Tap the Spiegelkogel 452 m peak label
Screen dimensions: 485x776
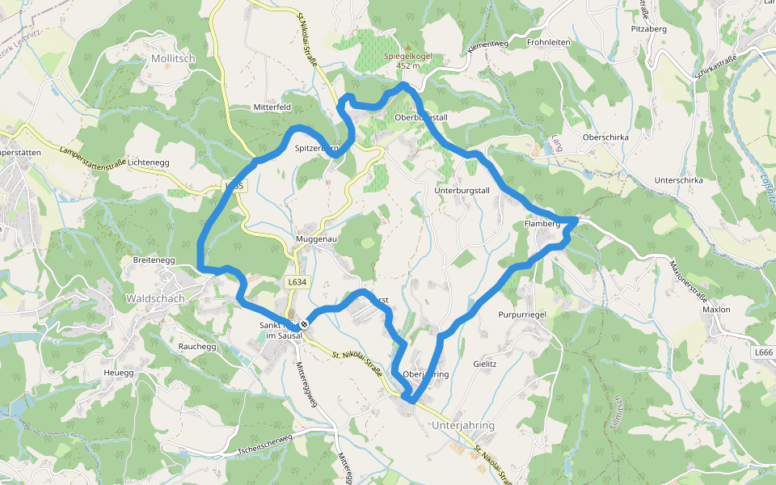pyautogui.click(x=408, y=61)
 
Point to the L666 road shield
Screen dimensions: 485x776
pyautogui.click(x=763, y=353)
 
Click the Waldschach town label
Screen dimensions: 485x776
pyautogui.click(x=155, y=298)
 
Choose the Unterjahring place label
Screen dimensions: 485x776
pyautogui.click(x=463, y=425)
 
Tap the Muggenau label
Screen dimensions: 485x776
pyautogui.click(x=316, y=240)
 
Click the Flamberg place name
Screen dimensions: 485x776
pyautogui.click(x=542, y=224)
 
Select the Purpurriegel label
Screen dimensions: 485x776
pyautogui.click(x=523, y=314)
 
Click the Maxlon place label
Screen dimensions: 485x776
pyautogui.click(x=716, y=310)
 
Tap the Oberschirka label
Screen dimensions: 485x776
pyautogui.click(x=605, y=137)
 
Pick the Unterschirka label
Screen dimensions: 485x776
pyautogui.click(x=679, y=180)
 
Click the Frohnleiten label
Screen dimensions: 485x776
pyautogui.click(x=548, y=42)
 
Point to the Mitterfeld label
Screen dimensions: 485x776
pyautogui.click(x=272, y=107)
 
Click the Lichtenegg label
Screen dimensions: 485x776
pyautogui.click(x=148, y=162)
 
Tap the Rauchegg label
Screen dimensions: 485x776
pyautogui.click(x=196, y=346)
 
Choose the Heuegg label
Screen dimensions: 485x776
pyautogui.click(x=119, y=373)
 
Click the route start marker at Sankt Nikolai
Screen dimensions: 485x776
pyautogui.click(x=304, y=324)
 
